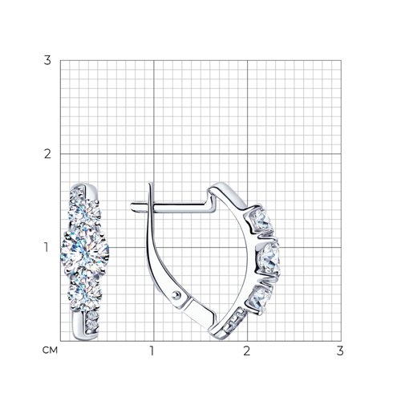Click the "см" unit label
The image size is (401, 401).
click(x=50, y=350)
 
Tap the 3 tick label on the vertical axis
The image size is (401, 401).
click(x=47, y=60)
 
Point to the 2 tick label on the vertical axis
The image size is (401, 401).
click(x=47, y=154)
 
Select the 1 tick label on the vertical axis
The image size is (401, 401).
click(x=47, y=248)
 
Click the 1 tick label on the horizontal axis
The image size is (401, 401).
click(x=152, y=350)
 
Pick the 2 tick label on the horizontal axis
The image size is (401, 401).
click(x=246, y=350)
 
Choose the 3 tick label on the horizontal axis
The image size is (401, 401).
click(x=340, y=350)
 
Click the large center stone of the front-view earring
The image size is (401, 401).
click(x=85, y=251)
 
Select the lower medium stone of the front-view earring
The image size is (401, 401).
click(x=85, y=294)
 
